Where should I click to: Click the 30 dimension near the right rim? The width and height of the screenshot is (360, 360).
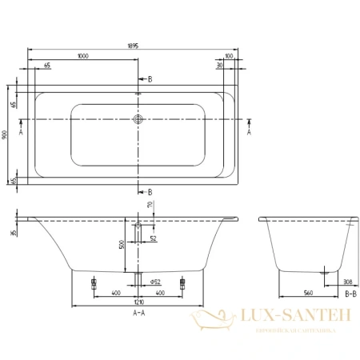[219, 66]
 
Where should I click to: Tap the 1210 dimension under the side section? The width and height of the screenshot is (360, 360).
[139, 303]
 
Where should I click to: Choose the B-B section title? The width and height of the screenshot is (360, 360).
[349, 295]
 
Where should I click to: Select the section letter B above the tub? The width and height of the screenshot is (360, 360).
[149, 79]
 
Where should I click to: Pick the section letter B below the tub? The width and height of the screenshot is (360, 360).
[149, 192]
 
